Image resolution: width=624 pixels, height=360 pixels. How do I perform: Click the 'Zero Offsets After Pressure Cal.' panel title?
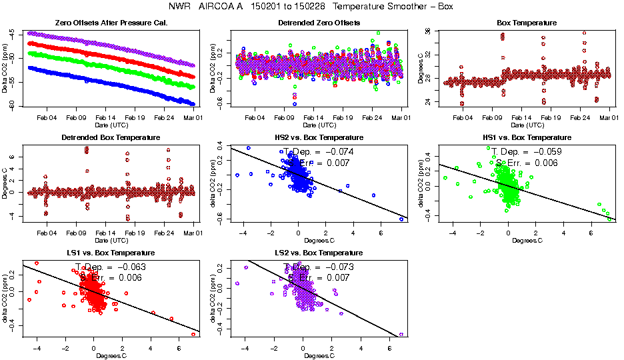[112, 23]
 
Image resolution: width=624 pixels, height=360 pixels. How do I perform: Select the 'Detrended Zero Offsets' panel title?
[319, 23]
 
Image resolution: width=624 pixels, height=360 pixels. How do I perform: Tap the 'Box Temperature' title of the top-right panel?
[527, 23]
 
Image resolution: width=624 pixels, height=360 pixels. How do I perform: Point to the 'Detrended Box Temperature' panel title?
[112, 138]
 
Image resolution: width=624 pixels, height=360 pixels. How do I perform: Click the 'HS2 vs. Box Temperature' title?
[319, 138]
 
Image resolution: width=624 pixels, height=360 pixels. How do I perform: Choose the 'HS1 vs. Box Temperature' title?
[527, 138]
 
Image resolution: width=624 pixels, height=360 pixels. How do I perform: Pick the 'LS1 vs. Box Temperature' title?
[112, 253]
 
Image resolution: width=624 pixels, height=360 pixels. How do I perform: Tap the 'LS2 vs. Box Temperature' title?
[319, 253]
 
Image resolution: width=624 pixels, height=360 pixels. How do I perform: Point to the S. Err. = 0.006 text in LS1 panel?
[110, 277]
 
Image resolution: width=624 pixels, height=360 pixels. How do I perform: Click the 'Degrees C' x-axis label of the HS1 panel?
[527, 240]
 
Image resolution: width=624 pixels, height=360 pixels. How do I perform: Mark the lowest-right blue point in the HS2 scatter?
[401, 219]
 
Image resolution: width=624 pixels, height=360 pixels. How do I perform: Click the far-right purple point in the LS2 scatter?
[401, 334]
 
